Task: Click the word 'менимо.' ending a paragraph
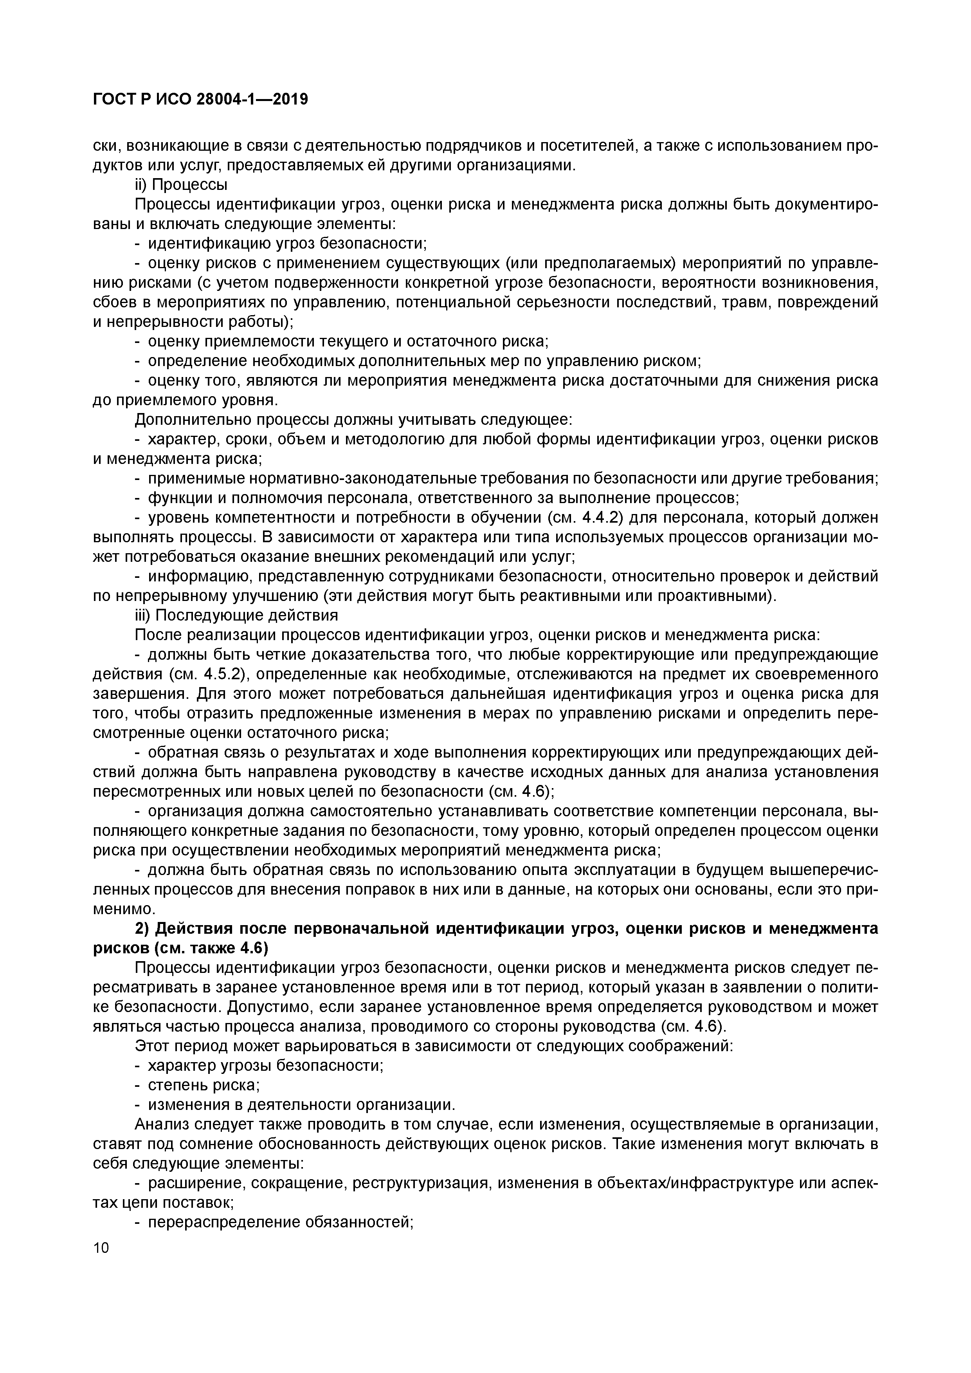[x=116, y=909]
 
